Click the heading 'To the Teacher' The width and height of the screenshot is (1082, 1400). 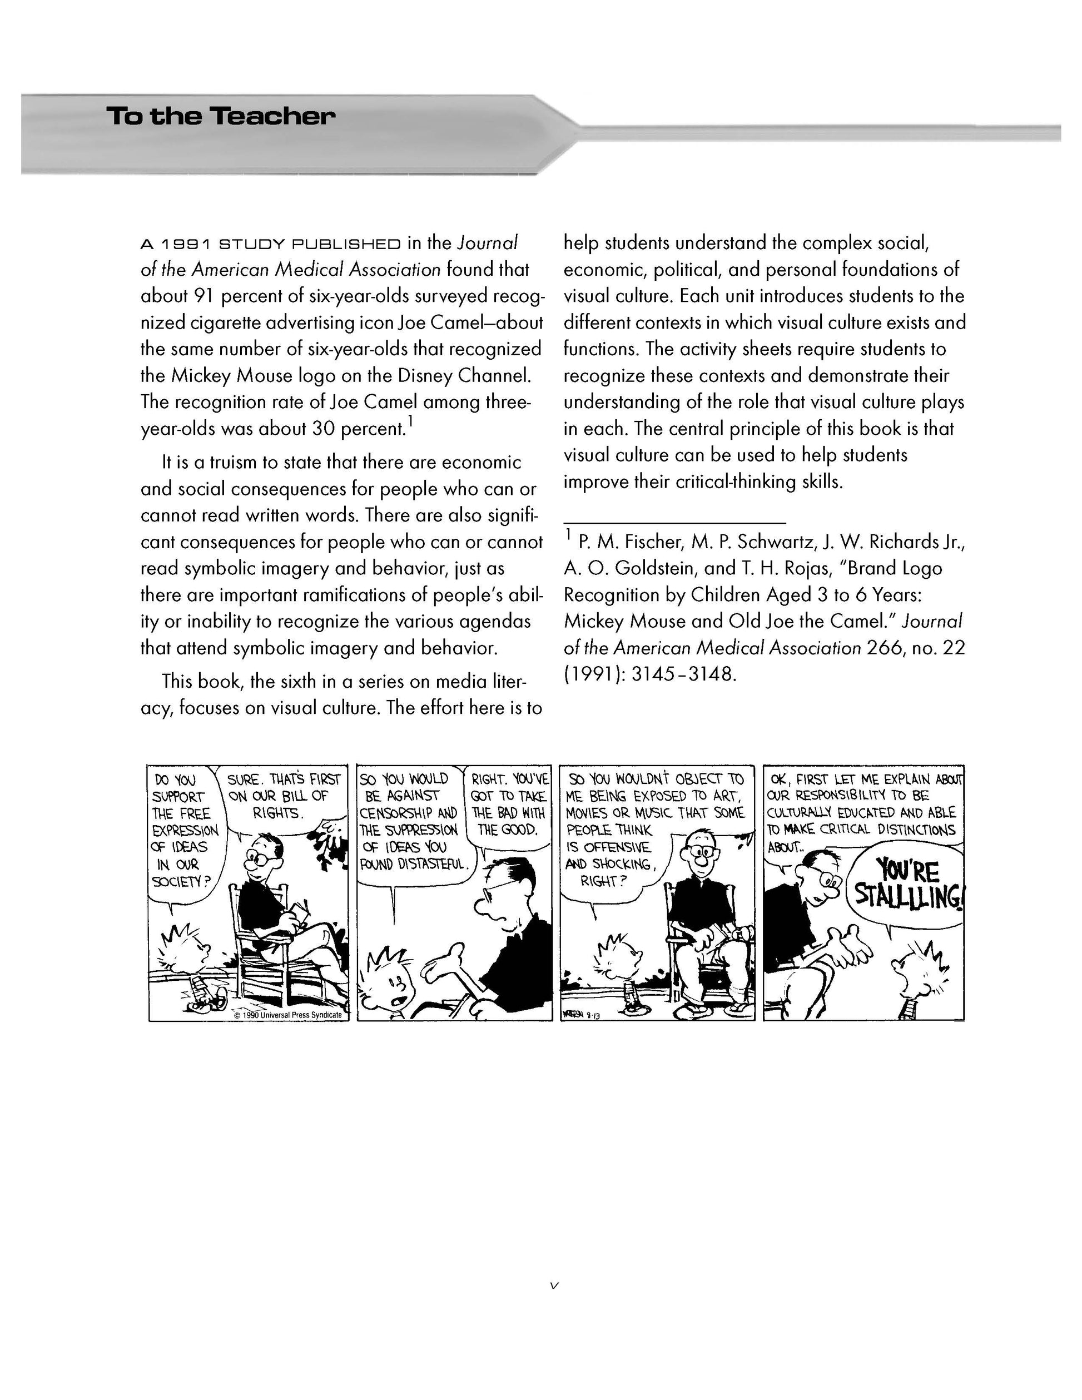point(221,117)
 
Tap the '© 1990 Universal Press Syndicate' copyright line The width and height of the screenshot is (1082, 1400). point(288,1015)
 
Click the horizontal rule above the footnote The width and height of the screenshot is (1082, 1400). point(674,523)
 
